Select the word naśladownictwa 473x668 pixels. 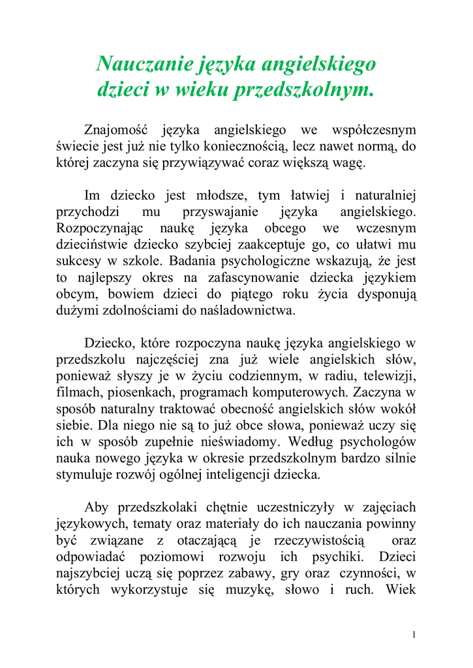coord(251,311)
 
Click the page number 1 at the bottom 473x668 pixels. coord(414,635)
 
